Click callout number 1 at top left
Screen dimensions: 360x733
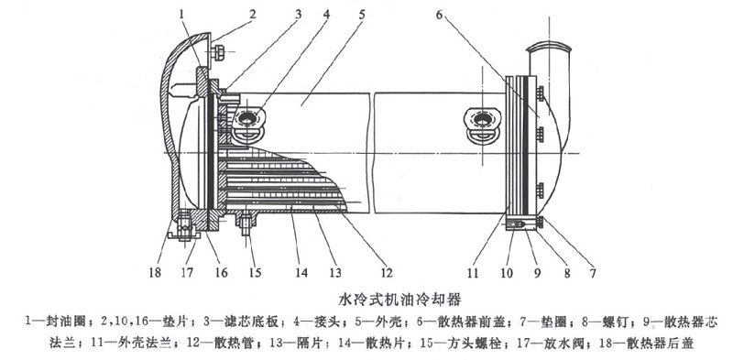pyautogui.click(x=182, y=13)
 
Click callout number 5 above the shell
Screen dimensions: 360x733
pyautogui.click(x=362, y=13)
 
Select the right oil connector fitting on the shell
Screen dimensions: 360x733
pyautogui.click(x=484, y=122)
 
